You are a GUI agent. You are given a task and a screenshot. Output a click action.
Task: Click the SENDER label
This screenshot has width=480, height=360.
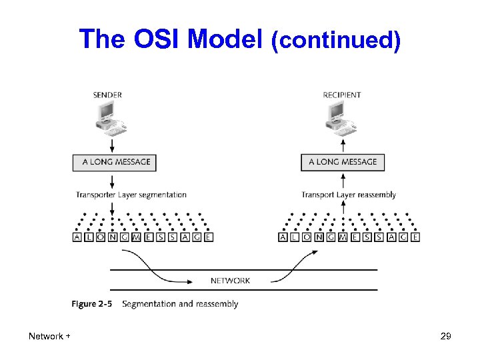(x=107, y=95)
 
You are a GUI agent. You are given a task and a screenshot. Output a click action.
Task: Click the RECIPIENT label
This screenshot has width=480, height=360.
(x=341, y=95)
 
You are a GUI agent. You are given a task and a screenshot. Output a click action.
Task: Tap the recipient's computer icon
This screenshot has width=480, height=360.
(x=341, y=118)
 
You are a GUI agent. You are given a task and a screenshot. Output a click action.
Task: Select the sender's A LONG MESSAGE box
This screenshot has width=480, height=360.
(x=114, y=162)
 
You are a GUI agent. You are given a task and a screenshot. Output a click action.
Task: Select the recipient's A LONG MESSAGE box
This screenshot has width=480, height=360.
(x=343, y=162)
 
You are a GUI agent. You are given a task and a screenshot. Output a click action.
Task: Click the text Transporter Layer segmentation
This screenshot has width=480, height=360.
(x=131, y=195)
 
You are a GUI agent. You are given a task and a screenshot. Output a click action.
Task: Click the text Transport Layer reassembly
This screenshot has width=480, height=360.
(x=349, y=195)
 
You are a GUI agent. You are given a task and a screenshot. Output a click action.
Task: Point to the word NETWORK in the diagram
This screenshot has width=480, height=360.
(x=230, y=281)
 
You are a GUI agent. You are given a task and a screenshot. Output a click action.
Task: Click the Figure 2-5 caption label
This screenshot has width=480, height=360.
(x=91, y=304)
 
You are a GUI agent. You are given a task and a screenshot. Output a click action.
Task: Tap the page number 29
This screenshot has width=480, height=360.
(x=446, y=337)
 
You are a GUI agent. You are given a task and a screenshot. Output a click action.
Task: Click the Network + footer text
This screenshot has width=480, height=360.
(x=49, y=337)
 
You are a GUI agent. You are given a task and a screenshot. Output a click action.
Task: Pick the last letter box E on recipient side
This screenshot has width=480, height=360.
(x=415, y=237)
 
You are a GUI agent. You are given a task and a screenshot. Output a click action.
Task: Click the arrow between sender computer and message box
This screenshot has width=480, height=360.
(x=111, y=145)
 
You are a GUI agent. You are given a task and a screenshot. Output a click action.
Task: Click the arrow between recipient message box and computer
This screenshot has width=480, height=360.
(x=343, y=145)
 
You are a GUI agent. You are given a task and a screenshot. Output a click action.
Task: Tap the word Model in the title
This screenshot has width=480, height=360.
(x=226, y=40)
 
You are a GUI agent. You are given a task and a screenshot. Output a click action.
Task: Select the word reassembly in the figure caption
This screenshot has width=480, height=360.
(x=215, y=304)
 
